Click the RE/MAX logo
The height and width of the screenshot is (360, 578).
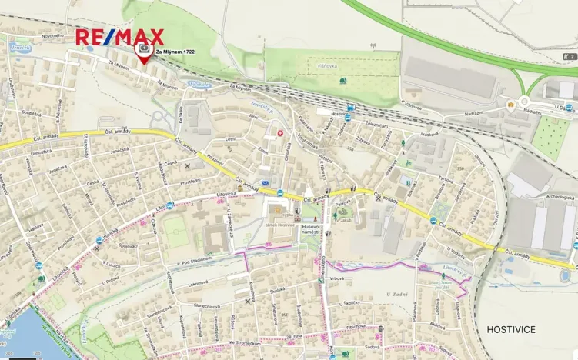point(119,37)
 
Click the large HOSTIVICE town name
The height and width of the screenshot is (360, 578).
point(511,329)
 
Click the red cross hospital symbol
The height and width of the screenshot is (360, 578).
point(281,133)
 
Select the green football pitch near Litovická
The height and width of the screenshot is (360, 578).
point(177,233)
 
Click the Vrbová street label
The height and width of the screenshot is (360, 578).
point(336,278)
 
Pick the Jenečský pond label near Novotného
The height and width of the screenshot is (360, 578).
point(21,46)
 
